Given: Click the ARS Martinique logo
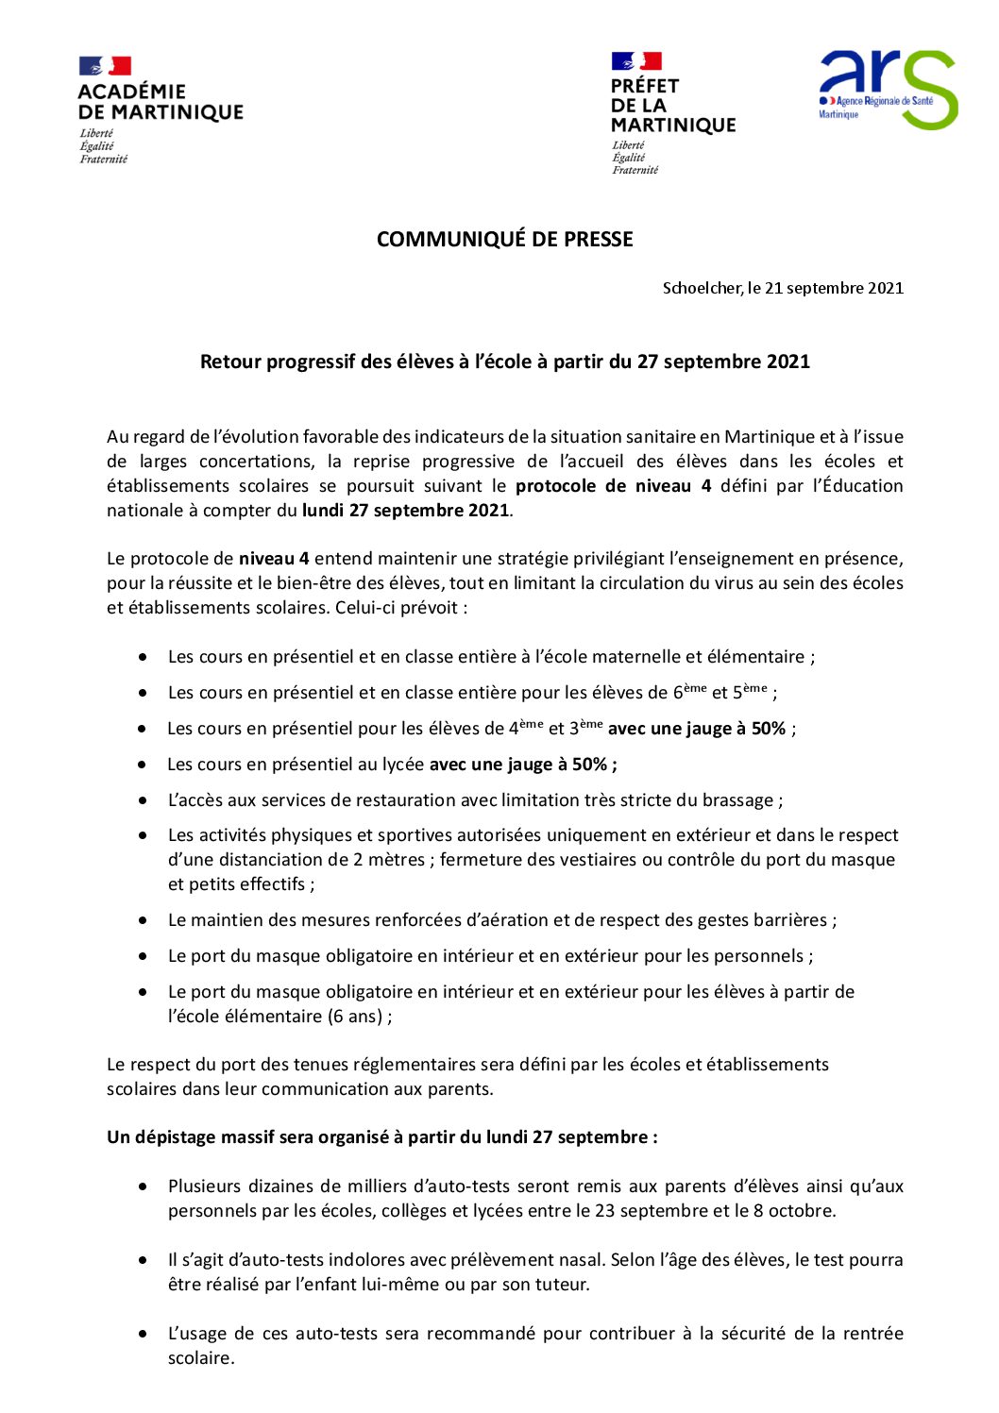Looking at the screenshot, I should pyautogui.click(x=887, y=91).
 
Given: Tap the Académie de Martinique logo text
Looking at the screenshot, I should pyautogui.click(x=160, y=102).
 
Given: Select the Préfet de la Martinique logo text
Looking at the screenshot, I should pyautogui.click(x=671, y=105).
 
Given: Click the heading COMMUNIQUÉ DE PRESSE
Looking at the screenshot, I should pyautogui.click(x=504, y=240).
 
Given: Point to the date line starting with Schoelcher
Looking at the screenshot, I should pyautogui.click(x=783, y=288).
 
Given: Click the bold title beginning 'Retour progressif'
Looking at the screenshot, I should pyautogui.click(x=504, y=362).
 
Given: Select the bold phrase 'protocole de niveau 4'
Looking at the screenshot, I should pyautogui.click(x=613, y=486).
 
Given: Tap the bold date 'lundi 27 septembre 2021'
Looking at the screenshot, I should pyautogui.click(x=405, y=511).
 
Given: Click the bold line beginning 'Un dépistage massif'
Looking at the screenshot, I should pyautogui.click(x=381, y=1137).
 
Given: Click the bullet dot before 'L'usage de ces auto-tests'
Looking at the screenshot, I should pyautogui.click(x=143, y=1334).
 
